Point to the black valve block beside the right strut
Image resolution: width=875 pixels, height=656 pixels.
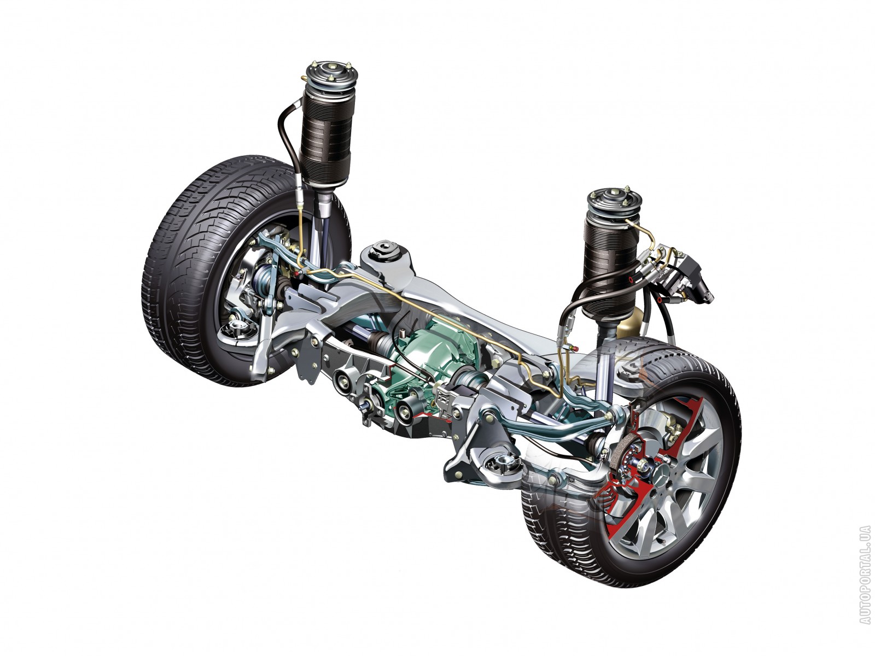click(x=678, y=275)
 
